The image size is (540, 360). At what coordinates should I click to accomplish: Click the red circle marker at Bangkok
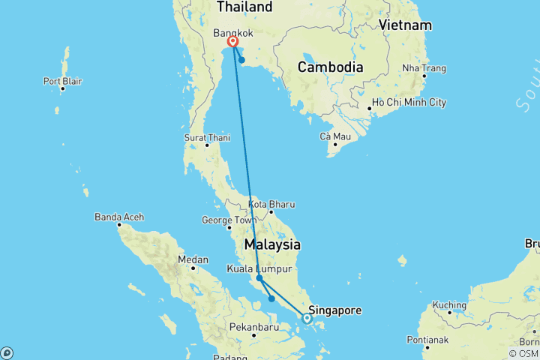(233, 43)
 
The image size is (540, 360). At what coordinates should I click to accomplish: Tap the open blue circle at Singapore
(307, 319)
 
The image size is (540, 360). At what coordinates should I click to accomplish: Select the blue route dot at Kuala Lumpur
(259, 278)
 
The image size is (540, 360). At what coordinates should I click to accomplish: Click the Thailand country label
(244, 7)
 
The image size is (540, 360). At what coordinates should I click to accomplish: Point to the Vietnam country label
(405, 25)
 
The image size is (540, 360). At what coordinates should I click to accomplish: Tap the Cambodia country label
(330, 67)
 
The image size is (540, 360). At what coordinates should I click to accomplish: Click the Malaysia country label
(272, 245)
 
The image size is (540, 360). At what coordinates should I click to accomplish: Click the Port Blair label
(63, 81)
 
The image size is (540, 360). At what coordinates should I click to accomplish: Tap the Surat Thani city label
(207, 137)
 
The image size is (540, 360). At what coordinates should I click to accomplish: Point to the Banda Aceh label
(119, 217)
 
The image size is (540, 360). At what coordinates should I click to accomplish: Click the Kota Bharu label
(268, 204)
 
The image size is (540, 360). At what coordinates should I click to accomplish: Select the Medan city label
(193, 259)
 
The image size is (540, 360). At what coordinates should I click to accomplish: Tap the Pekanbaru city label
(252, 328)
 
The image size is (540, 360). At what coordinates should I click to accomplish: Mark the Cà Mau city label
(335, 136)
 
